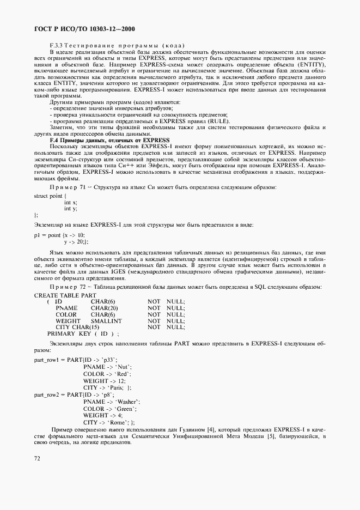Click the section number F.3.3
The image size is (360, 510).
(57, 45)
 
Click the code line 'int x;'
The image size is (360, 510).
(71, 202)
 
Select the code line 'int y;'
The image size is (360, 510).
(71, 208)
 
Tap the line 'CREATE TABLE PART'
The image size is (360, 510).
(65, 295)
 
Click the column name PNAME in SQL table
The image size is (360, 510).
(66, 308)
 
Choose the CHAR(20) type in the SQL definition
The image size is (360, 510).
(104, 308)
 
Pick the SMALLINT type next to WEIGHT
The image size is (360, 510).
(106, 321)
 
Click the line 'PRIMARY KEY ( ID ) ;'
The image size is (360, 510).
(83, 333)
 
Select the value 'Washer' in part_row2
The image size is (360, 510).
(127, 401)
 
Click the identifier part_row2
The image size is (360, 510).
(50, 394)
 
